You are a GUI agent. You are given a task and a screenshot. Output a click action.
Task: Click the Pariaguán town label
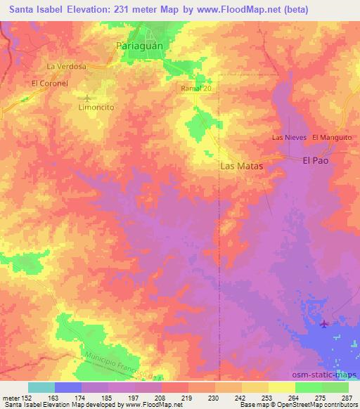(143, 46)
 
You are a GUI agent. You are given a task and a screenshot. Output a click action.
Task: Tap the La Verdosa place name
(66, 66)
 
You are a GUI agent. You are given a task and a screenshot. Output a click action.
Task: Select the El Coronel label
(49, 82)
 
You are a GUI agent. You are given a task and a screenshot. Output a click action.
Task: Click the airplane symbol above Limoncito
(87, 98)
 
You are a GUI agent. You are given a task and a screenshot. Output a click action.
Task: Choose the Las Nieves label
(289, 138)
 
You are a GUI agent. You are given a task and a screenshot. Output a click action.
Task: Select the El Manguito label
(331, 138)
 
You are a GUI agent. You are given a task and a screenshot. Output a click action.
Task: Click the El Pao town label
(316, 160)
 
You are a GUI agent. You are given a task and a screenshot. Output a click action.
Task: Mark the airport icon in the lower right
(323, 323)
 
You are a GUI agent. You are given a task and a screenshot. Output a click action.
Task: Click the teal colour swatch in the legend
(41, 387)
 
